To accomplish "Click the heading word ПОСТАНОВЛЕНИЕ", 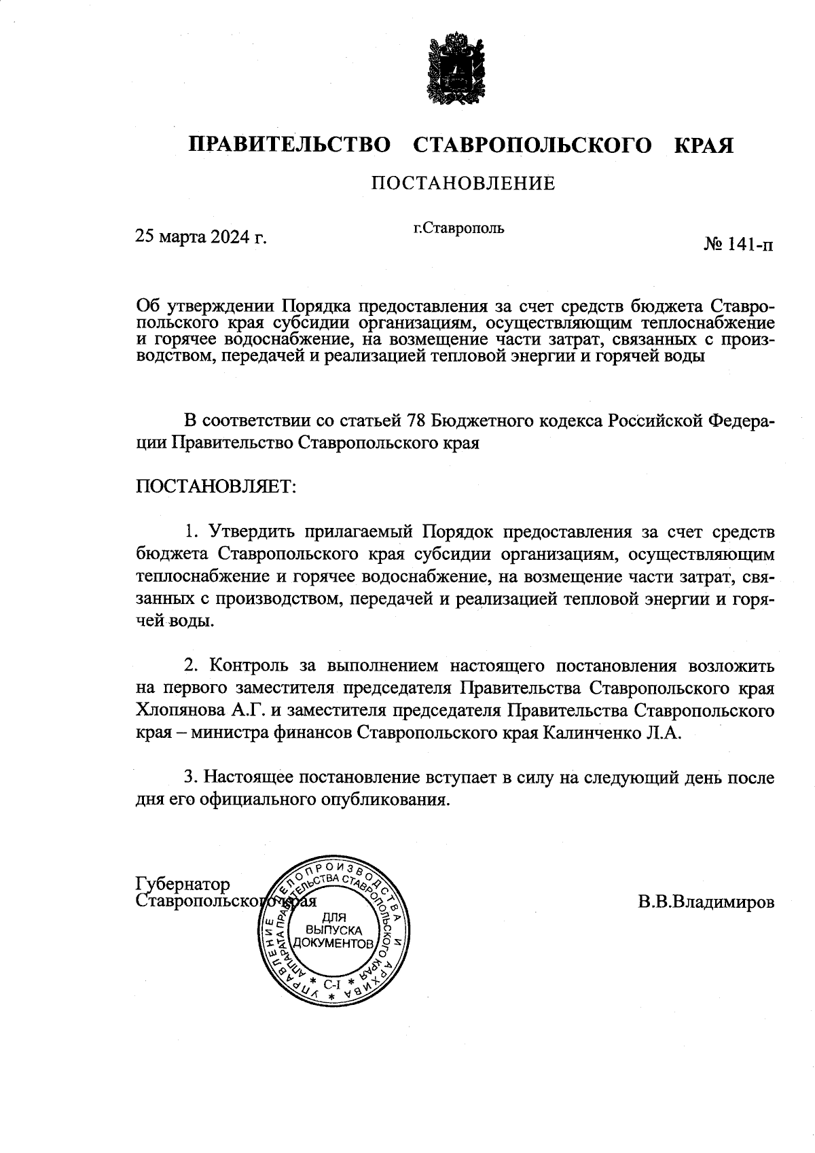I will point(462,183).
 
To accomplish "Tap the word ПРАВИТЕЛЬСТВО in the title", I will point(290,145).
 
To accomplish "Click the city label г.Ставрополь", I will point(459,228).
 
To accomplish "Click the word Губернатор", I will point(183,884).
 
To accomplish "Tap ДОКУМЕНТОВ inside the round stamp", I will point(333,944).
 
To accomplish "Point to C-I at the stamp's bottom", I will point(332,982).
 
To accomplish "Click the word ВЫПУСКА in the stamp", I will point(333,930).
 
